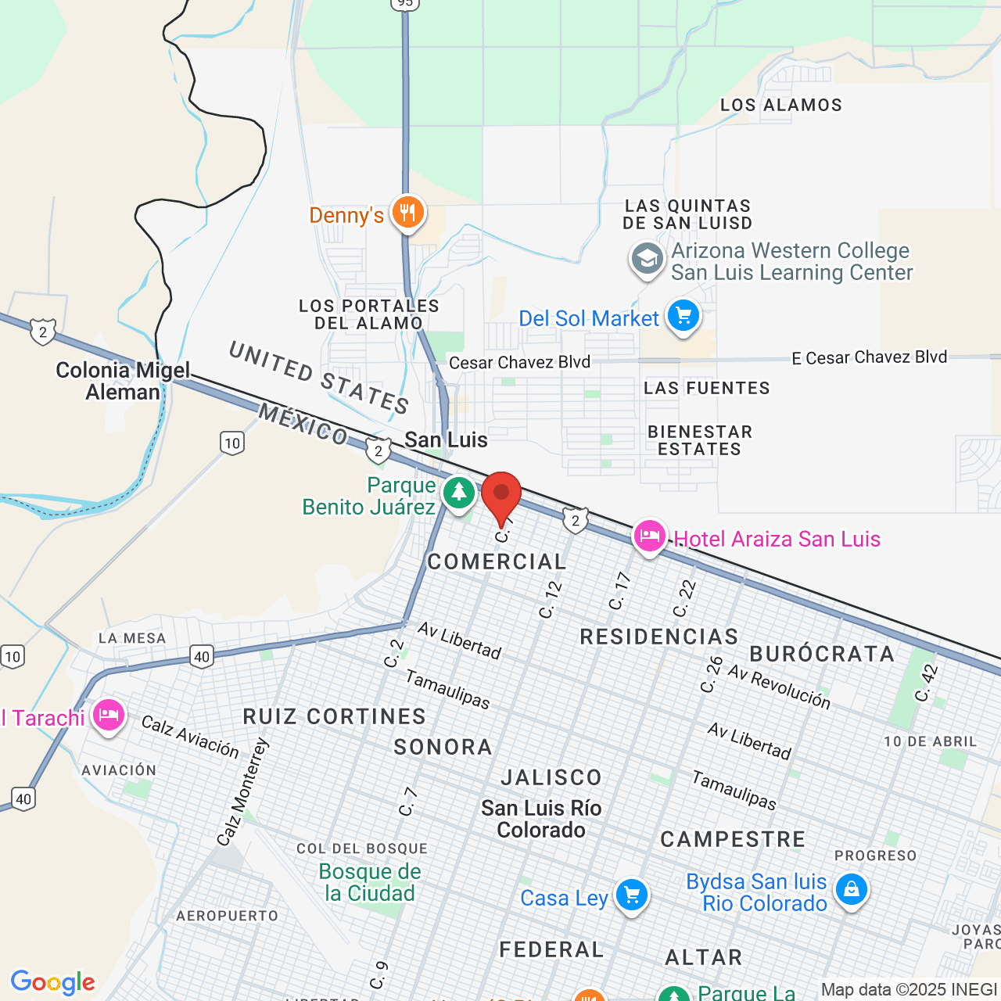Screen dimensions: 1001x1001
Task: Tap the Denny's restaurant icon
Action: pos(407,212)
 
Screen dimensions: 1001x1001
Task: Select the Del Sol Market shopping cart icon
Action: pos(683,317)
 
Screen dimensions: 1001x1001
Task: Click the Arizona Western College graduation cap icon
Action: pos(647,259)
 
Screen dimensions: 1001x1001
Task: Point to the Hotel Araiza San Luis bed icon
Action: pos(649,536)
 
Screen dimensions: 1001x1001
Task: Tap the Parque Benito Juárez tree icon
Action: pos(459,493)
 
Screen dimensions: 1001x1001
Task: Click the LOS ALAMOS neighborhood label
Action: pos(781,106)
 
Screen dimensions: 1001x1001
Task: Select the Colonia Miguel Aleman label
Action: pos(123,381)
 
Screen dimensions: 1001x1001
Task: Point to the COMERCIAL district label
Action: pos(497,561)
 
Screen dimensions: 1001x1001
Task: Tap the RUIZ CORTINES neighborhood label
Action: pos(335,716)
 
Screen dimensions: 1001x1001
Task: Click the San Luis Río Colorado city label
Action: pos(541,819)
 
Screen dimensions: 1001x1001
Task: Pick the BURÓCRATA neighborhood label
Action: pos(822,654)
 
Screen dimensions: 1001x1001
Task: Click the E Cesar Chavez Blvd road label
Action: pos(869,358)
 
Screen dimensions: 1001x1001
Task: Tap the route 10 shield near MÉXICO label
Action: pos(232,443)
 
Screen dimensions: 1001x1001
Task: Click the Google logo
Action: pos(52,981)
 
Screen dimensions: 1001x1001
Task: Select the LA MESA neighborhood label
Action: pos(132,638)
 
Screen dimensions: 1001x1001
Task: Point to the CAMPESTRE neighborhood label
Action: pos(733,839)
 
